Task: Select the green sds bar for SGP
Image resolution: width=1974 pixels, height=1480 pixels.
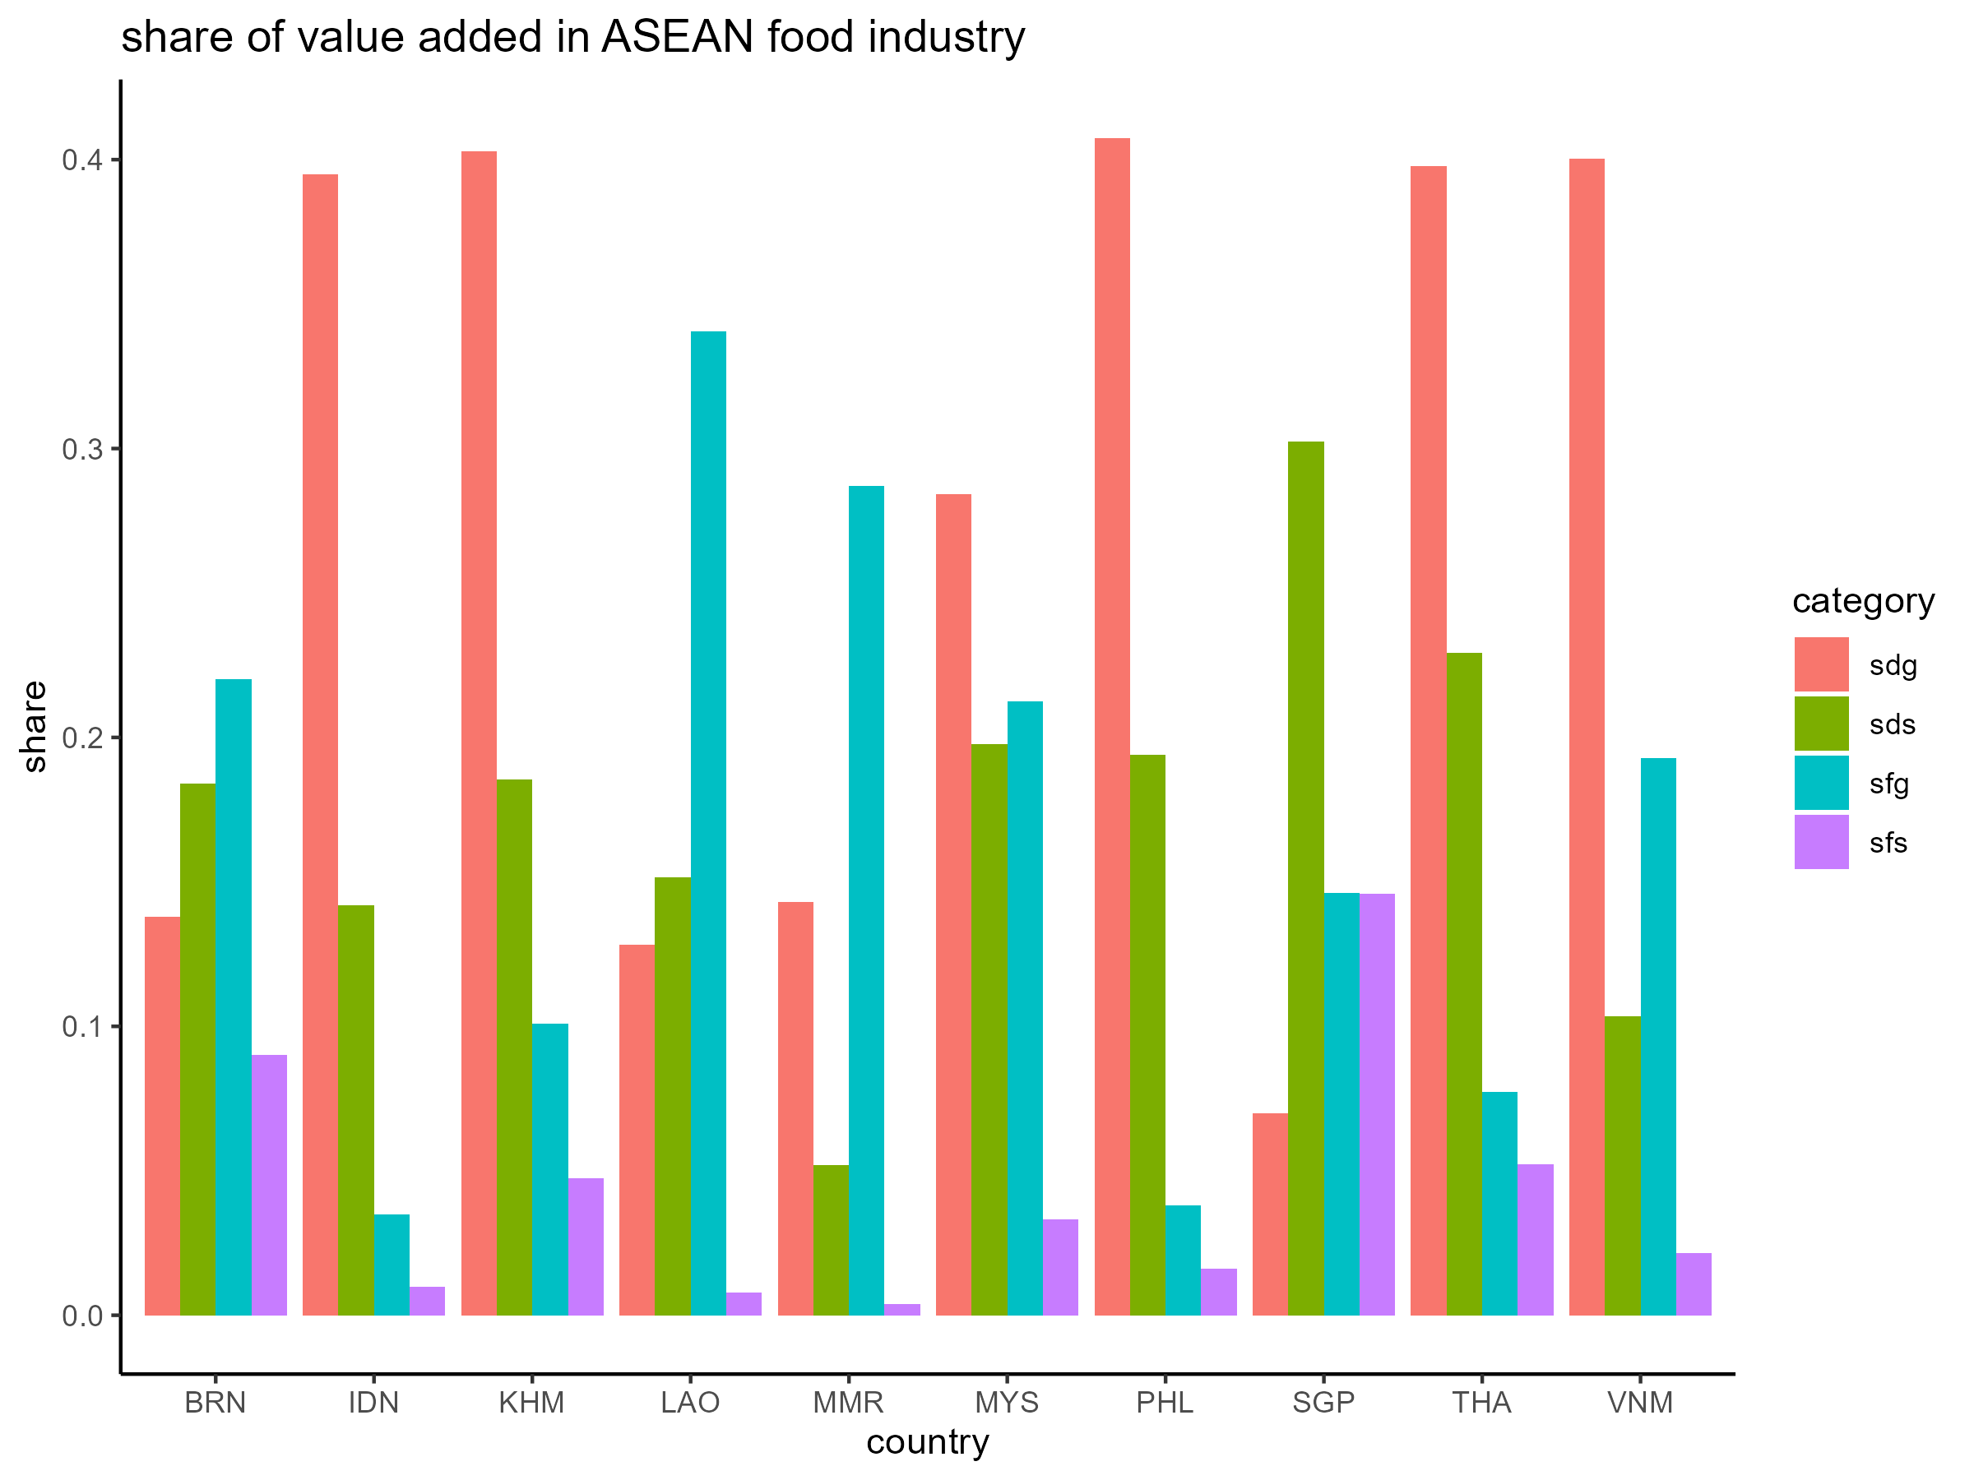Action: [1305, 878]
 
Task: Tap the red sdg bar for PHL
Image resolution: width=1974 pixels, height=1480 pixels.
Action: [1112, 726]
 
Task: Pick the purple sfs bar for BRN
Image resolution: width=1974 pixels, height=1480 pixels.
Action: [269, 1185]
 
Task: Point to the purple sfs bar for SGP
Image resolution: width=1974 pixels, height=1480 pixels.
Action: [1377, 1104]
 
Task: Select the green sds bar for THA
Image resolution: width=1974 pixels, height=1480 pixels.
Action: [1463, 984]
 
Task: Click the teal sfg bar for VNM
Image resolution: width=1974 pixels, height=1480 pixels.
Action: [1658, 1037]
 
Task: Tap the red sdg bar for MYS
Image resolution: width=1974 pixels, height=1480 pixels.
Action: [953, 904]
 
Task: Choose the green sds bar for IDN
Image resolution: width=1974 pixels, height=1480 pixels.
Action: [356, 1110]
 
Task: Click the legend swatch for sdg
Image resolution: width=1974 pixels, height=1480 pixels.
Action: [1821, 664]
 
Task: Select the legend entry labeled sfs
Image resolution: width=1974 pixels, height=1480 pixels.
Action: [1888, 843]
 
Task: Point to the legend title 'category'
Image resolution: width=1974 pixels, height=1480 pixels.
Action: [1863, 600]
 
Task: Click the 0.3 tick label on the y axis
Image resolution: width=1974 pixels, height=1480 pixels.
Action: [81, 449]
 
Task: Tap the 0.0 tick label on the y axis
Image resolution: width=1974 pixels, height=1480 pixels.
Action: [81, 1316]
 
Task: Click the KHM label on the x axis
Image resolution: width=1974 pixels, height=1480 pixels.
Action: [532, 1404]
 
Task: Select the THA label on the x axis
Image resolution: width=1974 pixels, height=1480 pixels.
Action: [1481, 1404]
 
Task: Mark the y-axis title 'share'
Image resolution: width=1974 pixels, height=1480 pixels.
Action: [34, 726]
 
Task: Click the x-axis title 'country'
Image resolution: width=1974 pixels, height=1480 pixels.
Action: [927, 1442]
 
